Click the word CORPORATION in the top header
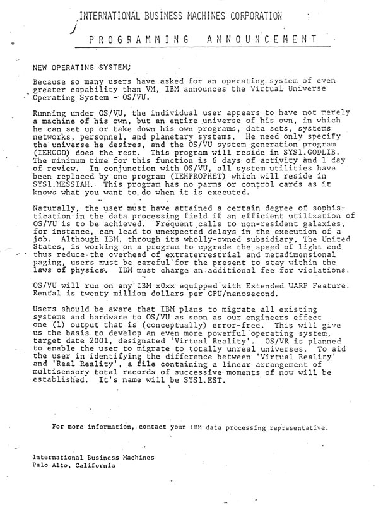(244, 16)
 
